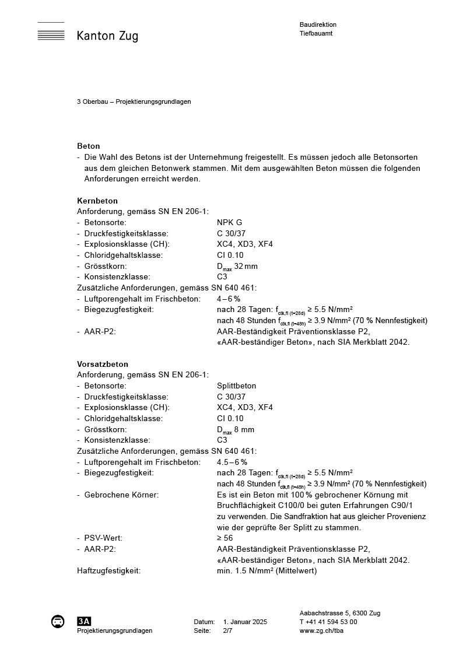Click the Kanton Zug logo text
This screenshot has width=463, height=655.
coord(107,36)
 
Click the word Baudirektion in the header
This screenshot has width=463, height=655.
coord(318,24)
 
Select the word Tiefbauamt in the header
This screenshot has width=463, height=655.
coord(316,33)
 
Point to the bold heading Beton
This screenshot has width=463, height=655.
coord(89,146)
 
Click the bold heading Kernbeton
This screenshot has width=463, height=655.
coord(97,201)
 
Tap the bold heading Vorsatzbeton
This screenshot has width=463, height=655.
coord(103,364)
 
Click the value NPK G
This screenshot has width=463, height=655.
coord(229,222)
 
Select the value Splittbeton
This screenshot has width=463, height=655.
coord(236,386)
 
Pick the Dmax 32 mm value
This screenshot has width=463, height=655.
coord(237,267)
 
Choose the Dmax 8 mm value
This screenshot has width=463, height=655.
coord(235,430)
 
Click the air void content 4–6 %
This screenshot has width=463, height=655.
coord(229,299)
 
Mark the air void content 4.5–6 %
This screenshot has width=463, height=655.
coord(232,462)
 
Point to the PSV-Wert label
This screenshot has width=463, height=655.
coord(103,538)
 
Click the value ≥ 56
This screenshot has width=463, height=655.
coord(225,538)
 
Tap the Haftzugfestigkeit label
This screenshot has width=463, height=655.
coord(108,570)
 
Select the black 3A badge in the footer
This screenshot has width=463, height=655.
coord(84,621)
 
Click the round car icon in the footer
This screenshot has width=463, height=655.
coord(58,621)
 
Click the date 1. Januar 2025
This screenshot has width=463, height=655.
coord(245,622)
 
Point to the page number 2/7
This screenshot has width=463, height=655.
coord(227,631)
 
